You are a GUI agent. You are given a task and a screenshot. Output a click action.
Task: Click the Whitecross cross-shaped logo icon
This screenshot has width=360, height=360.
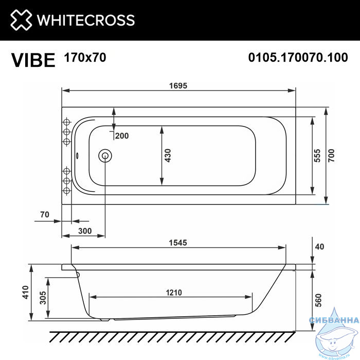(x=21, y=20)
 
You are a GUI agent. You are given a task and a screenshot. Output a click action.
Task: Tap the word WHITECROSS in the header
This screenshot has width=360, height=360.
(x=86, y=20)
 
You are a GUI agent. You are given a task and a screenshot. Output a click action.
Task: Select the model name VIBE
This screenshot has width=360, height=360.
(x=33, y=60)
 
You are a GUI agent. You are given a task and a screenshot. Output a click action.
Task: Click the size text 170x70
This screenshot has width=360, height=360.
(x=85, y=58)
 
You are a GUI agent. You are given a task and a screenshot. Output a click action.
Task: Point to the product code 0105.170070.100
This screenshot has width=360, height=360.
(x=298, y=58)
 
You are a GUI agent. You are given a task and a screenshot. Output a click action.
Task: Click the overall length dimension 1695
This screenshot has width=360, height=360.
(x=178, y=86)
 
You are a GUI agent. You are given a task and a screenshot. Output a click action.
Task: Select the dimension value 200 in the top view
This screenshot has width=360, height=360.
(x=122, y=136)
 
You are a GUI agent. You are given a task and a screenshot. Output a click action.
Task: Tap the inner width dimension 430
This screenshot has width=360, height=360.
(x=168, y=156)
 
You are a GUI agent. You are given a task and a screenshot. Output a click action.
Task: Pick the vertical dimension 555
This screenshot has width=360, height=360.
(x=317, y=156)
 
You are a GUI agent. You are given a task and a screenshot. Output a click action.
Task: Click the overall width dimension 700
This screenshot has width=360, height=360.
(x=331, y=155)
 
